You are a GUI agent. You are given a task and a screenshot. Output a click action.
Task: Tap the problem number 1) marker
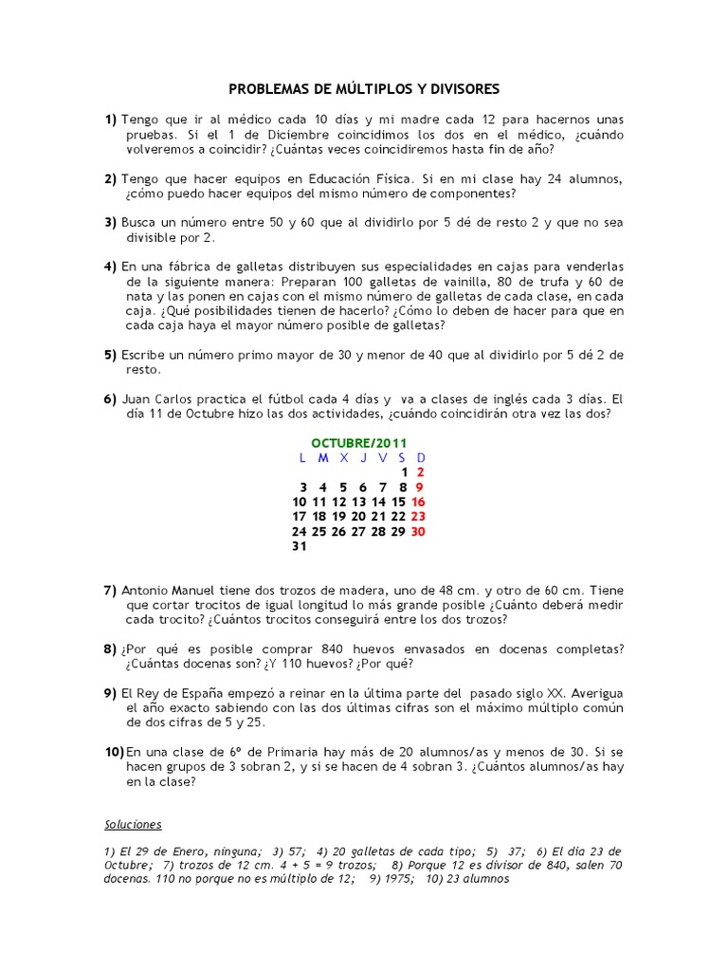(x=111, y=119)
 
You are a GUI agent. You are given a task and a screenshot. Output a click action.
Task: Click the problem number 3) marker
(x=111, y=223)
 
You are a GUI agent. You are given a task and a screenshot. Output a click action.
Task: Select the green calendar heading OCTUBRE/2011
(x=358, y=443)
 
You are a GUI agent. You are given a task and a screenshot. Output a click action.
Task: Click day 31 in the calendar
(x=300, y=546)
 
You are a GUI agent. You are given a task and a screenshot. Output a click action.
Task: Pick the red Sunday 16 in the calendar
(x=419, y=502)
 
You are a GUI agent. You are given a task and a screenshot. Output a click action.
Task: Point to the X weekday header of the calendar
(x=344, y=458)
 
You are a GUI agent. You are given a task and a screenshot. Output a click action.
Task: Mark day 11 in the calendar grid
(x=319, y=502)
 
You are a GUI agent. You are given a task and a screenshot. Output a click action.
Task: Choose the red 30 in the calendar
(x=418, y=531)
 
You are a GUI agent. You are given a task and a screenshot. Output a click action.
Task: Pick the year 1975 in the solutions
(x=397, y=878)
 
